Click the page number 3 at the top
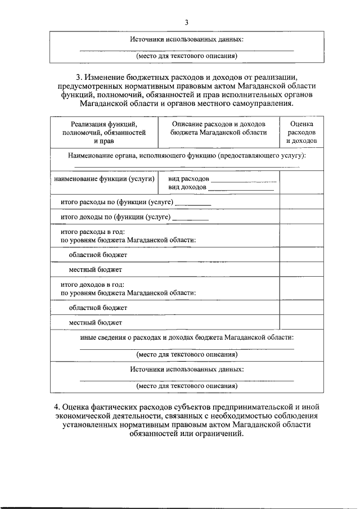pyautogui.click(x=186, y=22)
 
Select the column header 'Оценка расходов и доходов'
pyautogui.click(x=302, y=132)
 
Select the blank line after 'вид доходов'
pyautogui.click(x=241, y=189)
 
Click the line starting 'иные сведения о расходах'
pyautogui.click(x=186, y=337)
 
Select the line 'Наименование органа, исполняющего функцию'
pyautogui.click(x=186, y=154)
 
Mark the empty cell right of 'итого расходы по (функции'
pyautogui.click(x=302, y=202)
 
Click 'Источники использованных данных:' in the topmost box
pyautogui.click(x=186, y=39)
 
